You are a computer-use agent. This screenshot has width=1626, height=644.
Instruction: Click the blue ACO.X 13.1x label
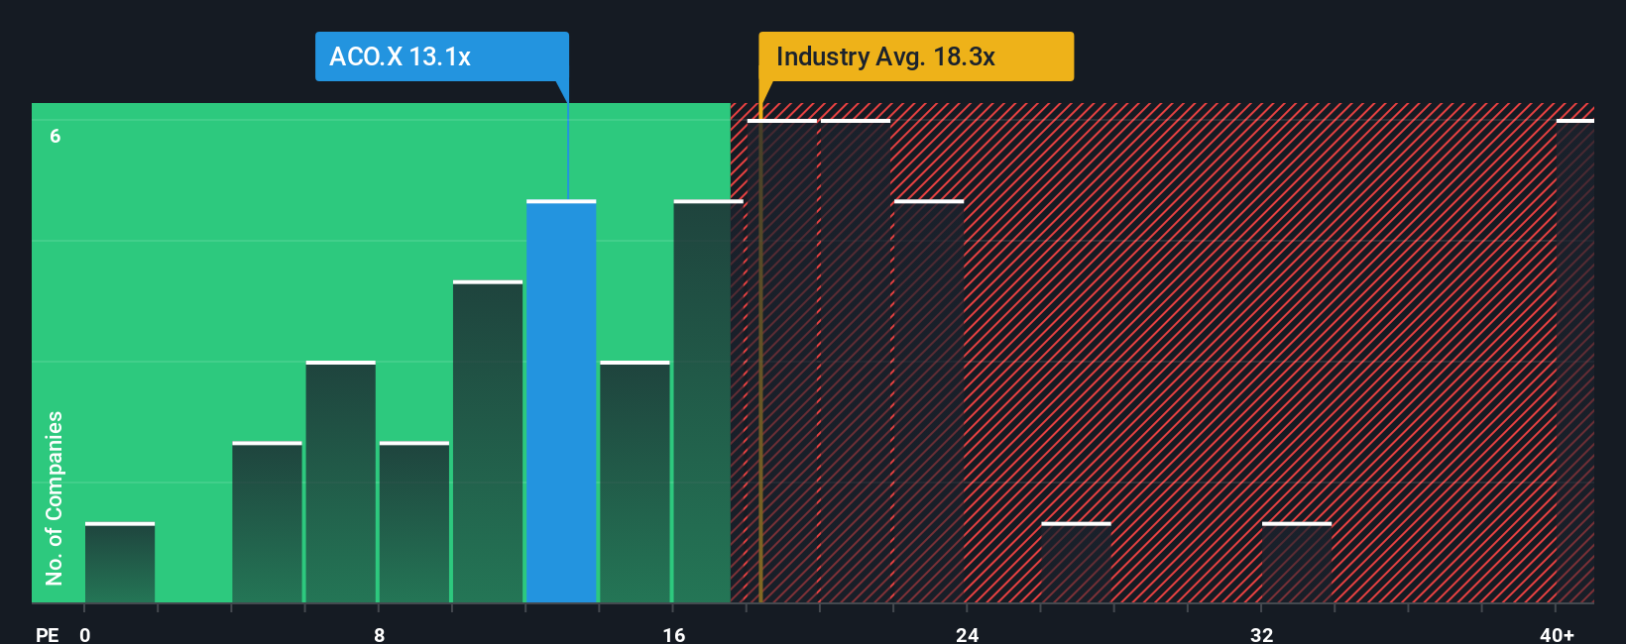click(x=441, y=56)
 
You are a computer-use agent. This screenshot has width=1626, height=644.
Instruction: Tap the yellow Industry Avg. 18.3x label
click(x=915, y=56)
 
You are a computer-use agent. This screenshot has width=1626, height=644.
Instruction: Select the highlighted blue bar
click(x=561, y=401)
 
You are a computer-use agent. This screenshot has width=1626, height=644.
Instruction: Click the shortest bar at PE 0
click(x=120, y=563)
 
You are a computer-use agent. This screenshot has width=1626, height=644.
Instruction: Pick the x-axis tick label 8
click(x=379, y=634)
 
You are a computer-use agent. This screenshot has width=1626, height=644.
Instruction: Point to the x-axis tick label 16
click(x=673, y=634)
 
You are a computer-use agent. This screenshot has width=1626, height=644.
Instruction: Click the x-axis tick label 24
click(x=968, y=634)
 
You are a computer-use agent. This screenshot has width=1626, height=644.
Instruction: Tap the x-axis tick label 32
click(x=1261, y=634)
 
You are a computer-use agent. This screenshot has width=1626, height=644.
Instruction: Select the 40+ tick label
click(x=1557, y=634)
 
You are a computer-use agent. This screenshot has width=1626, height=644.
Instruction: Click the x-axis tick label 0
click(x=85, y=634)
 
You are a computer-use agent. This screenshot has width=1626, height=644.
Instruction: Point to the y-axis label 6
click(x=56, y=136)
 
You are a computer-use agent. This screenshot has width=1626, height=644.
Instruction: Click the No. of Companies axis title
click(x=55, y=497)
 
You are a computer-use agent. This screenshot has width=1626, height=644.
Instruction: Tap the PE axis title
click(x=47, y=634)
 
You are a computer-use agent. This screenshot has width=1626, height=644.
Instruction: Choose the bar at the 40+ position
click(x=1574, y=362)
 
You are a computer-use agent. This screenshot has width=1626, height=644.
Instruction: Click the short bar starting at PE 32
click(x=1297, y=563)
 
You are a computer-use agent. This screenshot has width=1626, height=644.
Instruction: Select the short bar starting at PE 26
click(x=1076, y=563)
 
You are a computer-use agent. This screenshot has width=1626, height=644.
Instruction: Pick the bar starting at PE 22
click(x=929, y=401)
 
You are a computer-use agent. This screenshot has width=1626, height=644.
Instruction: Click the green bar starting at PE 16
click(x=708, y=401)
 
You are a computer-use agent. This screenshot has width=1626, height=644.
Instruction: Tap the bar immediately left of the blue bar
click(x=488, y=442)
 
